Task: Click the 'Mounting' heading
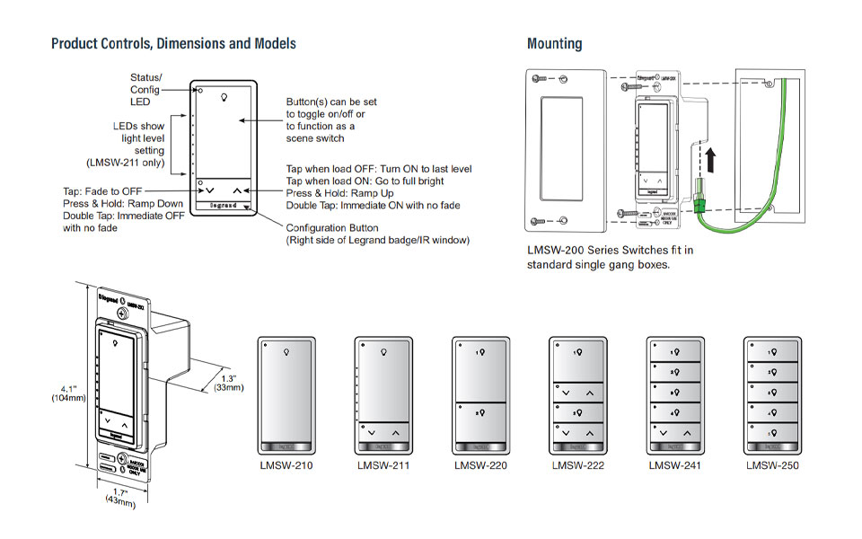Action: point(554,43)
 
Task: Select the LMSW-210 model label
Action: point(286,465)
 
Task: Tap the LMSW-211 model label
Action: point(383,465)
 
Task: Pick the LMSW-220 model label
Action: point(480,465)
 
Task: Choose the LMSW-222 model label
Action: point(578,465)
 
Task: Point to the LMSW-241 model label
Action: point(675,465)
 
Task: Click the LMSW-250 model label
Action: point(772,465)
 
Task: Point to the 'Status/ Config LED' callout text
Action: point(145,90)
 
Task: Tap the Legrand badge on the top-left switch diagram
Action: point(224,205)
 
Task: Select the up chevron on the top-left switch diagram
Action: point(237,190)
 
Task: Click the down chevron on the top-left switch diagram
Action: point(210,190)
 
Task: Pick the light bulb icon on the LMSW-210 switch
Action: point(286,352)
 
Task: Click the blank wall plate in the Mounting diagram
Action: point(559,147)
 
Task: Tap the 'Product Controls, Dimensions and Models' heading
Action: point(173,43)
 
